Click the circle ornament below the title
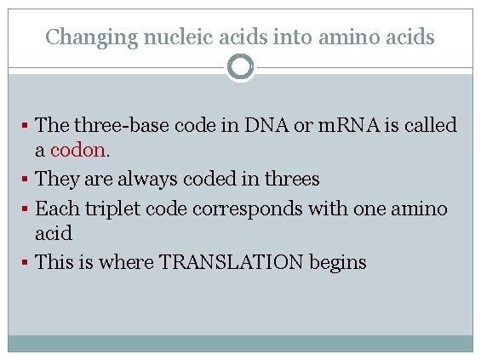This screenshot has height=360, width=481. tap(241, 66)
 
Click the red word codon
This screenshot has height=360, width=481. tap(78, 151)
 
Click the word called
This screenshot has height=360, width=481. tap(428, 125)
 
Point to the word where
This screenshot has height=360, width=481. tap(125, 262)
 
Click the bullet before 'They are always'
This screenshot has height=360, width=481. tap(26, 180)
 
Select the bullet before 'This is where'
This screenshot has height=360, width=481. tap(26, 262)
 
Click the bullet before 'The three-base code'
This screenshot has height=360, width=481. tap(26, 125)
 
